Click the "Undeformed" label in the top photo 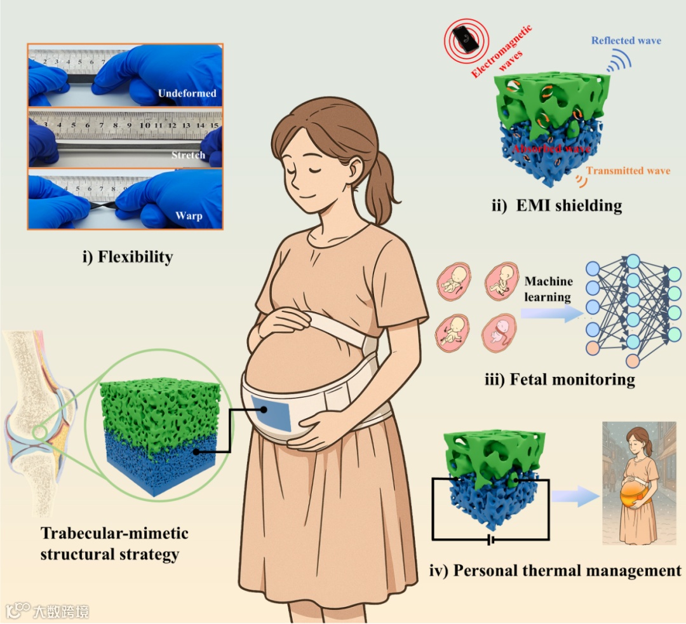click(x=187, y=94)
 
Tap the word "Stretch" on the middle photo click(x=187, y=155)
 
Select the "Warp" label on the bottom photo click(x=189, y=217)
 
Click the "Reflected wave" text click(x=626, y=41)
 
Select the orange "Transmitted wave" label click(x=628, y=171)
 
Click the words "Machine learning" click(x=549, y=288)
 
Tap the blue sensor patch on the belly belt click(x=271, y=412)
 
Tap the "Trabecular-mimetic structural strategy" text click(x=114, y=543)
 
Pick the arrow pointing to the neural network click(x=551, y=312)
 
